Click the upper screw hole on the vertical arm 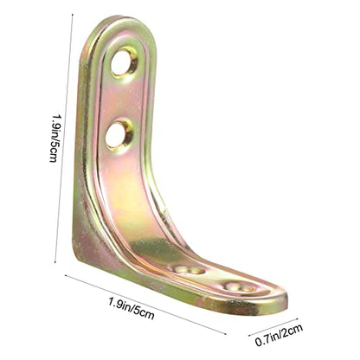[124, 61]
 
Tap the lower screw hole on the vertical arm [119, 136]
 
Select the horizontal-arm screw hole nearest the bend [188, 270]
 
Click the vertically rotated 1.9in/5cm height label [55, 138]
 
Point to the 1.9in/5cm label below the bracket [132, 308]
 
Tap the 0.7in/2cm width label [279, 335]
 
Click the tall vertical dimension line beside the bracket [64, 138]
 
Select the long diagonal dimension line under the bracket [145, 305]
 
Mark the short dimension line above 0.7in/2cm [273, 327]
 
